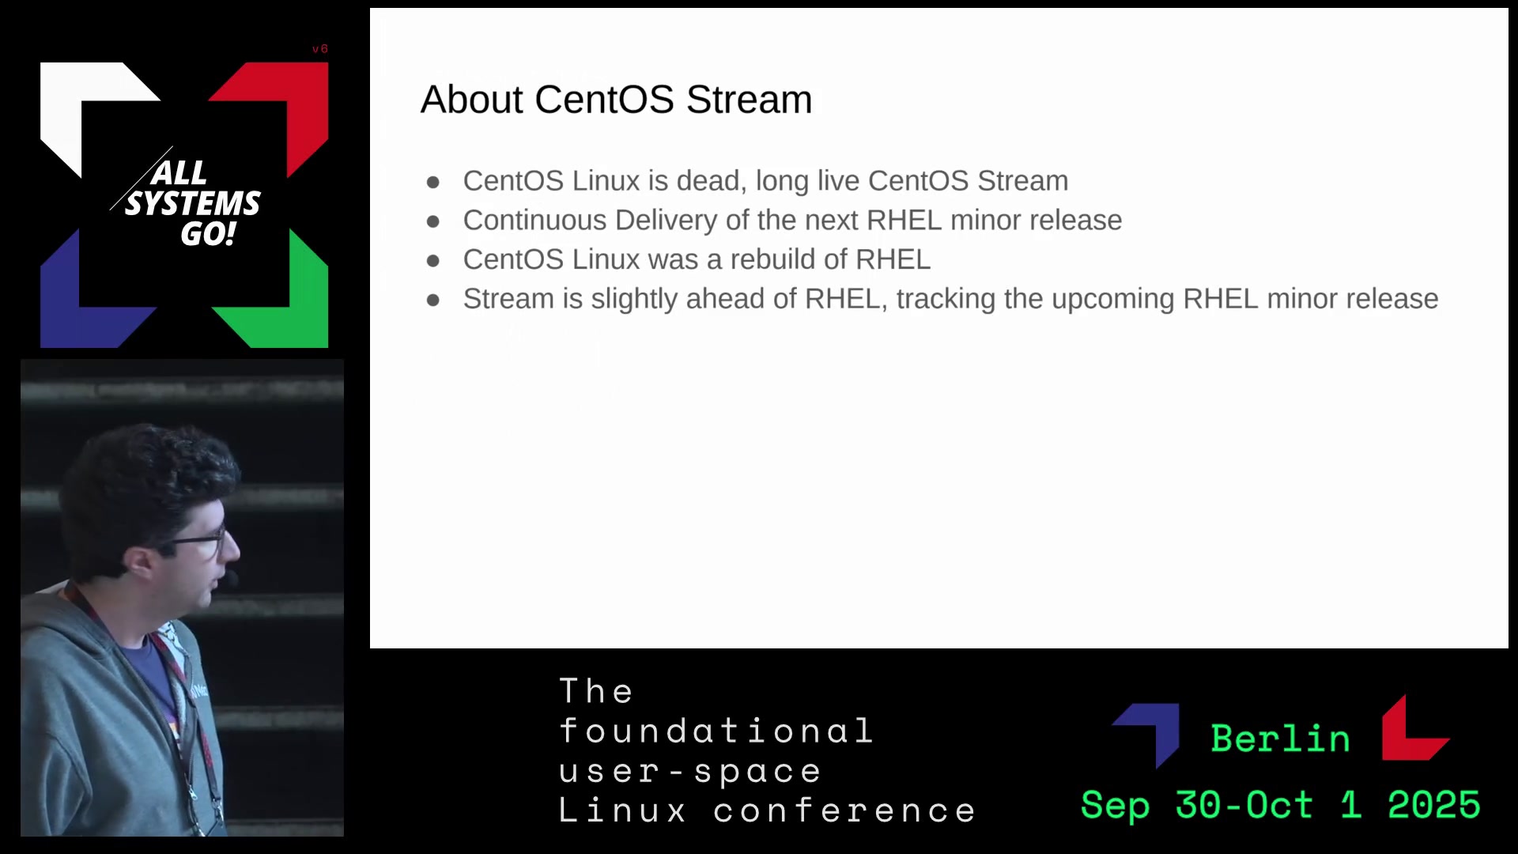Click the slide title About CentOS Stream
point(616,100)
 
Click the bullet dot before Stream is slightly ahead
point(432,300)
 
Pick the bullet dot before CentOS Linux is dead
point(432,183)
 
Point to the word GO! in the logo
point(208,234)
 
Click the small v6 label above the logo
point(319,49)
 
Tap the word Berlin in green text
point(1280,739)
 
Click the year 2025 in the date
point(1433,805)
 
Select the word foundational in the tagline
point(716,731)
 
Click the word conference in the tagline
point(844,811)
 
